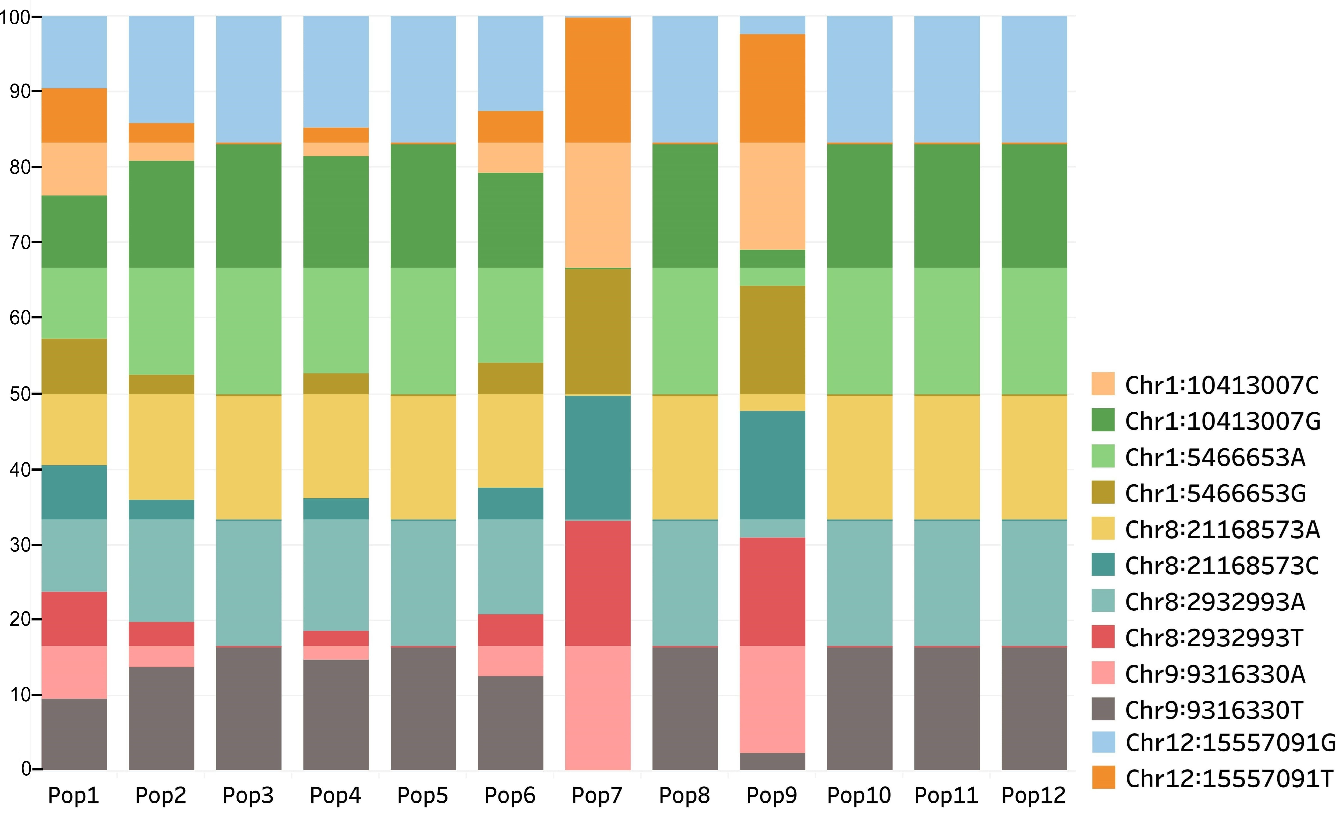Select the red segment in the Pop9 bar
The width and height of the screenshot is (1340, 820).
(x=772, y=592)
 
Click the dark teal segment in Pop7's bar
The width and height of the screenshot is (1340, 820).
(x=598, y=458)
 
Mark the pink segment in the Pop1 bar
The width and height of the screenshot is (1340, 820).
(x=74, y=672)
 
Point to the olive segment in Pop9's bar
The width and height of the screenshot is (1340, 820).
(x=772, y=340)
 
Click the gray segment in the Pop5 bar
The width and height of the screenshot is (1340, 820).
(x=423, y=708)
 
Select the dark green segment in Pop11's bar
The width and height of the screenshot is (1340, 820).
(x=947, y=206)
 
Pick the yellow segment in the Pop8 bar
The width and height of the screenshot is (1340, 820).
(x=685, y=457)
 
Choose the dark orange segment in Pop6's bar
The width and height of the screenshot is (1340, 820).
(x=510, y=127)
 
